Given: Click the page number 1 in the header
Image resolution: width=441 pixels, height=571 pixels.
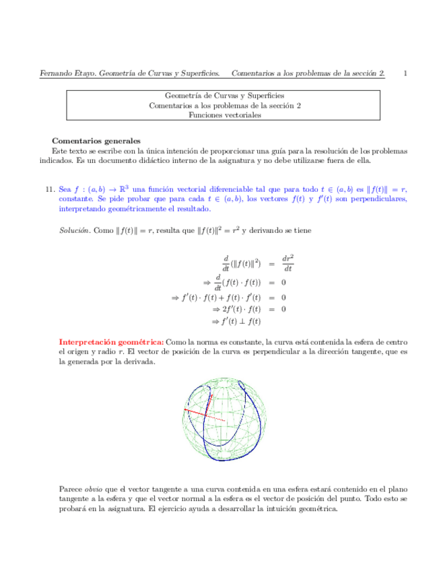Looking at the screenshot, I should [x=405, y=73].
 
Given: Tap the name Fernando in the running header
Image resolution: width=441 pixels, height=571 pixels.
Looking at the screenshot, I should [x=55, y=73].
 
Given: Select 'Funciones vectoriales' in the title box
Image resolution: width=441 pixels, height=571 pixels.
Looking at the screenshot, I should [x=225, y=115].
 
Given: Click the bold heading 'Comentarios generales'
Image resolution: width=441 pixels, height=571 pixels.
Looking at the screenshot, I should [x=96, y=141].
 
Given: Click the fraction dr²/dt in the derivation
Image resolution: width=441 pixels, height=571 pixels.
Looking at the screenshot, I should [x=287, y=262].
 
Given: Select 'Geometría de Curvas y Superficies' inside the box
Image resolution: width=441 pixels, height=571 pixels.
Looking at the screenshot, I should [x=225, y=96].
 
